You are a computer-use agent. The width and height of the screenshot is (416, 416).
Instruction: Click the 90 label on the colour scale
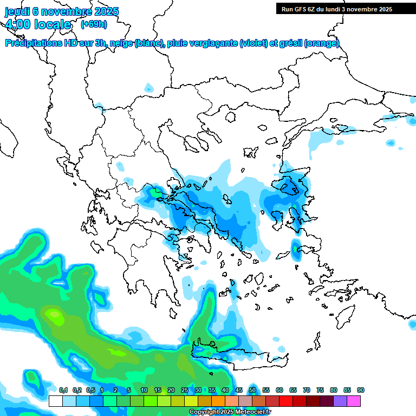[x=361, y=390]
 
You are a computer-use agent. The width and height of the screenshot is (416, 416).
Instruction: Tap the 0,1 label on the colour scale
[x=63, y=390]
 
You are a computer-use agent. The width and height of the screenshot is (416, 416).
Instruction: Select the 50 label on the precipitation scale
[x=252, y=390]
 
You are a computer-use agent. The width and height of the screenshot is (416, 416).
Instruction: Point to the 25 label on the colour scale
[x=185, y=390]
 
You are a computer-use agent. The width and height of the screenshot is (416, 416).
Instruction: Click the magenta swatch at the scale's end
[x=354, y=401]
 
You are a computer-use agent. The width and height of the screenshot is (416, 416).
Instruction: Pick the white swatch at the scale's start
[x=55, y=401]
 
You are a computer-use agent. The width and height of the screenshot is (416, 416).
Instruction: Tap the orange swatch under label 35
[x=218, y=401]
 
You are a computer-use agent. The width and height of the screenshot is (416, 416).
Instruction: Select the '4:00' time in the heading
[x=18, y=24]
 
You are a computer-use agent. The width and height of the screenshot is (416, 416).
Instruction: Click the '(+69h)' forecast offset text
[x=94, y=24]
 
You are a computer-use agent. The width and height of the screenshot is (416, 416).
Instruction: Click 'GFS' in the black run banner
[x=304, y=9]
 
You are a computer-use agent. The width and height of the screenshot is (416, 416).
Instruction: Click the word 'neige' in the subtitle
[x=120, y=43]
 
